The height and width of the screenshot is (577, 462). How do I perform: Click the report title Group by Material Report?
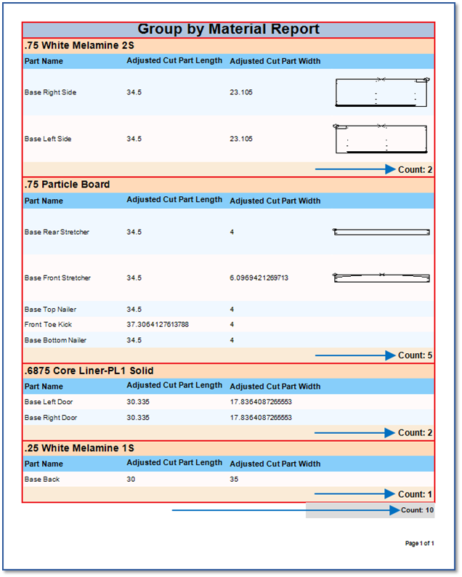(x=228, y=30)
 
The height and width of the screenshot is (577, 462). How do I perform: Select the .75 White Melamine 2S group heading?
(x=79, y=46)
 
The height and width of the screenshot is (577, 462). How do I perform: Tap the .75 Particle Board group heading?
(x=67, y=185)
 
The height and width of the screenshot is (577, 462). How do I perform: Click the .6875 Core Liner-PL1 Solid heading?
(x=89, y=371)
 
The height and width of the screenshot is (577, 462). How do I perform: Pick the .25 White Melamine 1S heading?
(x=79, y=448)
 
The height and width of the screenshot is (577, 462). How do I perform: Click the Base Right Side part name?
(x=50, y=93)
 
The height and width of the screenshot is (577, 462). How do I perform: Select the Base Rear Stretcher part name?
(x=57, y=233)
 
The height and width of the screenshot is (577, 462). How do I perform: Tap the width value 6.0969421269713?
(x=259, y=278)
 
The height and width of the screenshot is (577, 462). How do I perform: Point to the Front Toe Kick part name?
(x=48, y=325)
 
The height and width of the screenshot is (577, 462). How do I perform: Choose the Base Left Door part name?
(x=48, y=402)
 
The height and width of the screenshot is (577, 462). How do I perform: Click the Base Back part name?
(x=42, y=480)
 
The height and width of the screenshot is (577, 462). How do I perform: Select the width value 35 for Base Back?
(x=234, y=480)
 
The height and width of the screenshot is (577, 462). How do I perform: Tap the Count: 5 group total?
(x=416, y=355)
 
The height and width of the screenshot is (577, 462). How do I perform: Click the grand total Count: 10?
(x=418, y=510)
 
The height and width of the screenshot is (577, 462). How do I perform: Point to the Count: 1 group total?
(x=416, y=494)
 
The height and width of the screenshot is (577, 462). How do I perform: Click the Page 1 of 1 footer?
(x=419, y=544)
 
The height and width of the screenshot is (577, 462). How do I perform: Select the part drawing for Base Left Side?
(x=381, y=138)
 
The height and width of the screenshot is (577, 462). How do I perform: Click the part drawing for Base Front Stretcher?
(x=381, y=277)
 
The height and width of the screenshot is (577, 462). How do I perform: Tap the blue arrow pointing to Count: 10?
(x=283, y=510)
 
